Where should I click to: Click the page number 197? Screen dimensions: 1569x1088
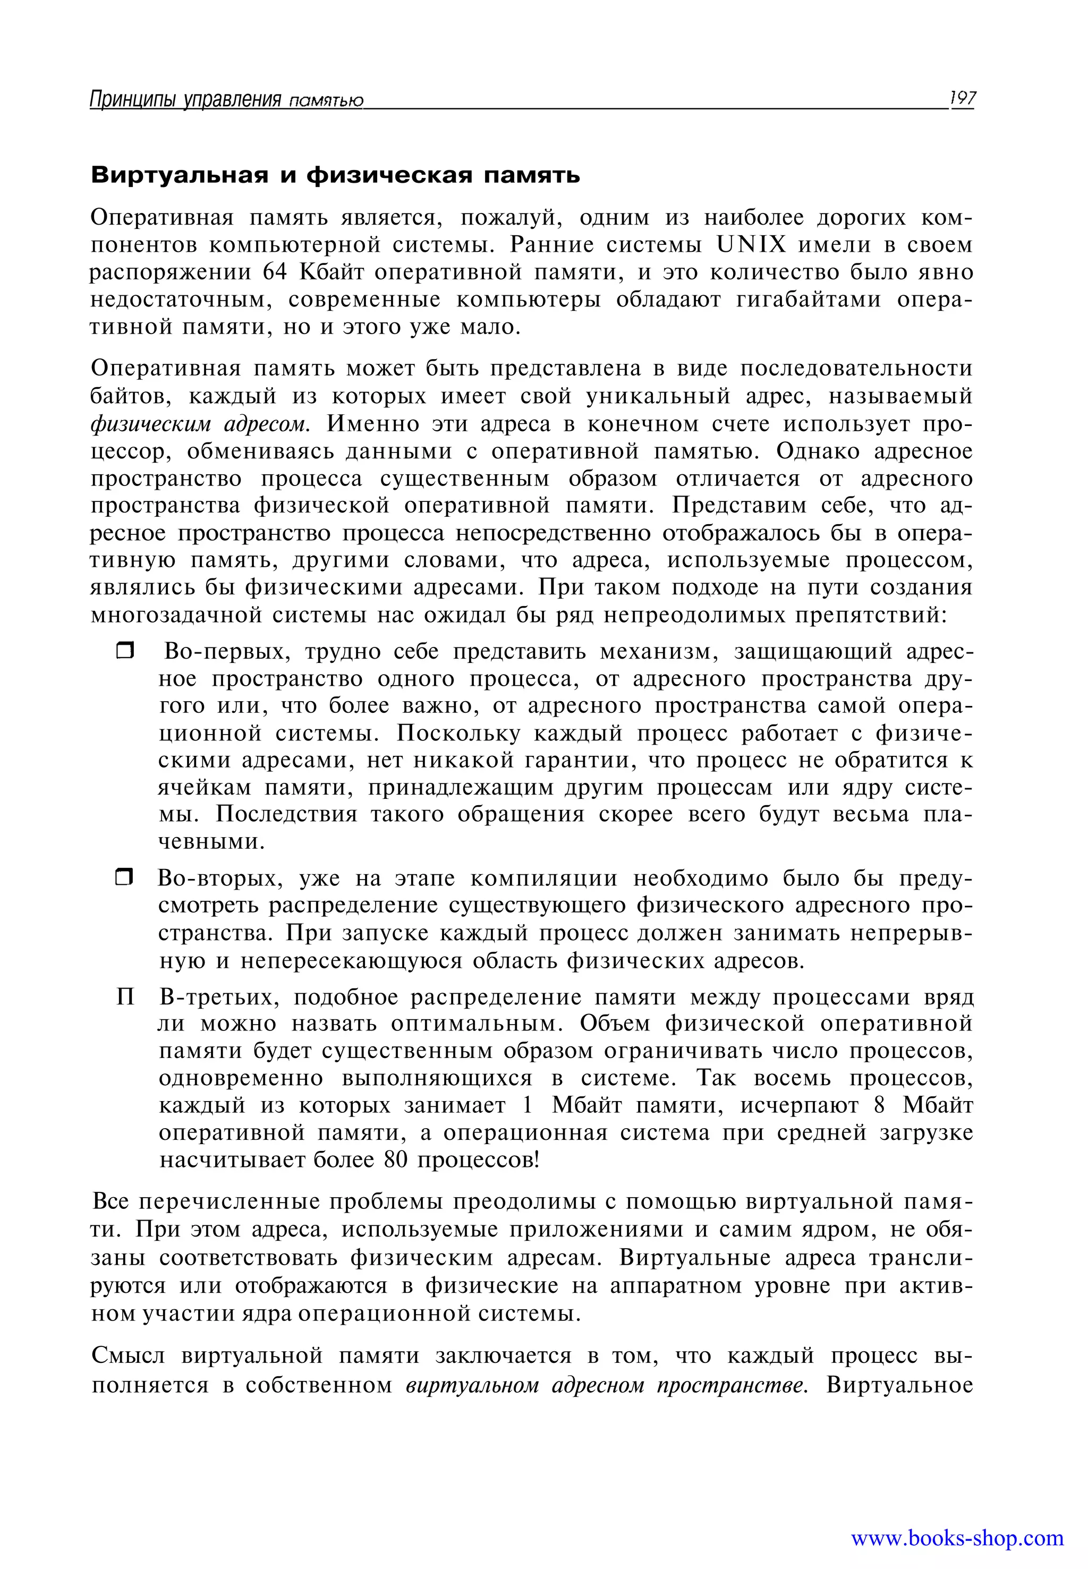962,99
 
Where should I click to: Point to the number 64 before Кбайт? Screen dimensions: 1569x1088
275,272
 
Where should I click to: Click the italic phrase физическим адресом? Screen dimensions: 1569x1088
200,424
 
